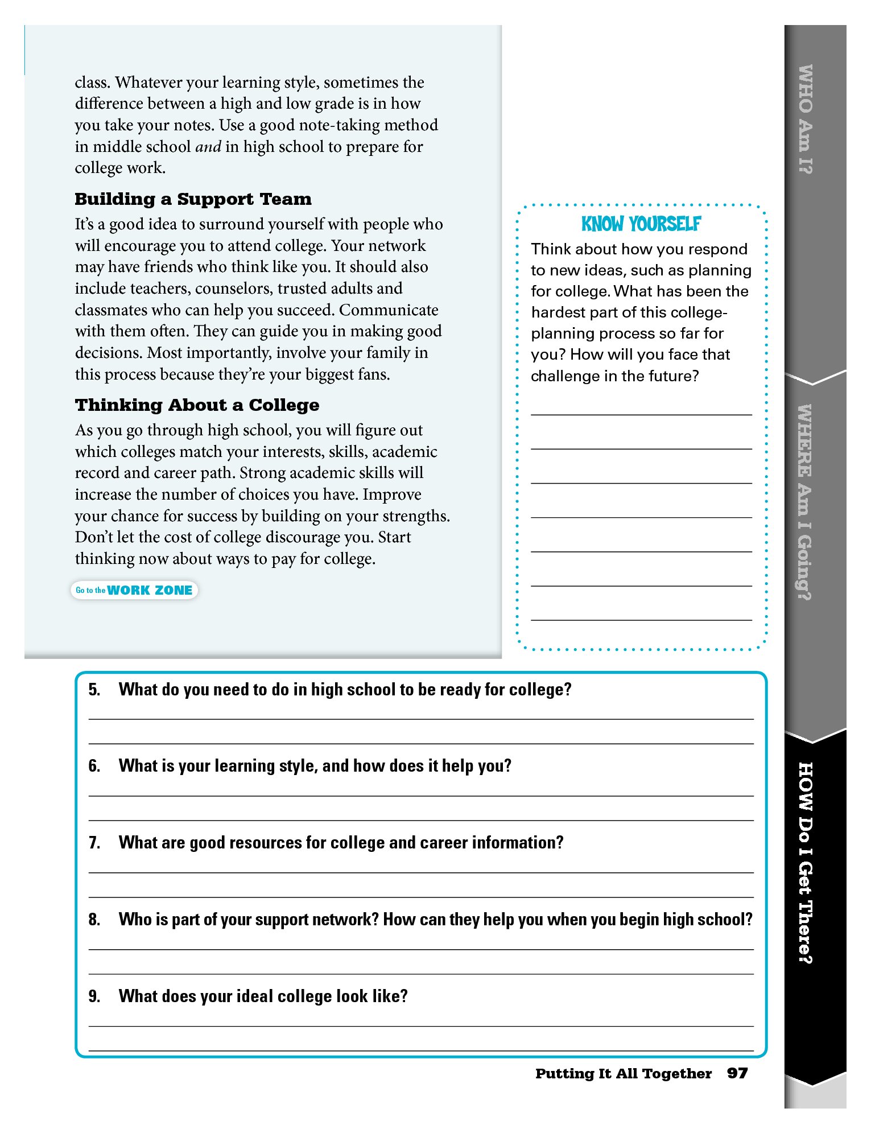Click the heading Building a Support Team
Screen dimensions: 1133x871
193,199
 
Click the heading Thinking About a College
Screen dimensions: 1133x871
197,405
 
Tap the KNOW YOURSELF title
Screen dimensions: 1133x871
641,224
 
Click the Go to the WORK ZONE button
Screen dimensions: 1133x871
134,590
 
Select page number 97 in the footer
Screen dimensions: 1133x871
737,1073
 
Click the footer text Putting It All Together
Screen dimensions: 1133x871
623,1074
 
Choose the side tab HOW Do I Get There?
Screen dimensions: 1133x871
806,862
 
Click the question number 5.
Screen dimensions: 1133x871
94,690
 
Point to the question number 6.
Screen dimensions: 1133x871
94,766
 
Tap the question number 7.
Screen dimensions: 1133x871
94,843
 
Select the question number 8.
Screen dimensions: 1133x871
94,920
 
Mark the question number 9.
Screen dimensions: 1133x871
94,996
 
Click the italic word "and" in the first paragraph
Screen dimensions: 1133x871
208,147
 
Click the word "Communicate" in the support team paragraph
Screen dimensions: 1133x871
389,310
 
